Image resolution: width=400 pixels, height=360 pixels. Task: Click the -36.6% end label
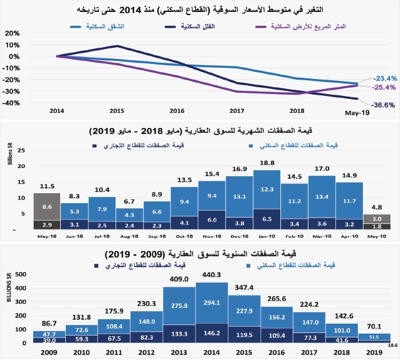tap(382, 105)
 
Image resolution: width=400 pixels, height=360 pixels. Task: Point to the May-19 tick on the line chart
tap(357, 113)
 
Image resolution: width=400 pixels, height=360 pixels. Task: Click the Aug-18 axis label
tap(129, 237)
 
